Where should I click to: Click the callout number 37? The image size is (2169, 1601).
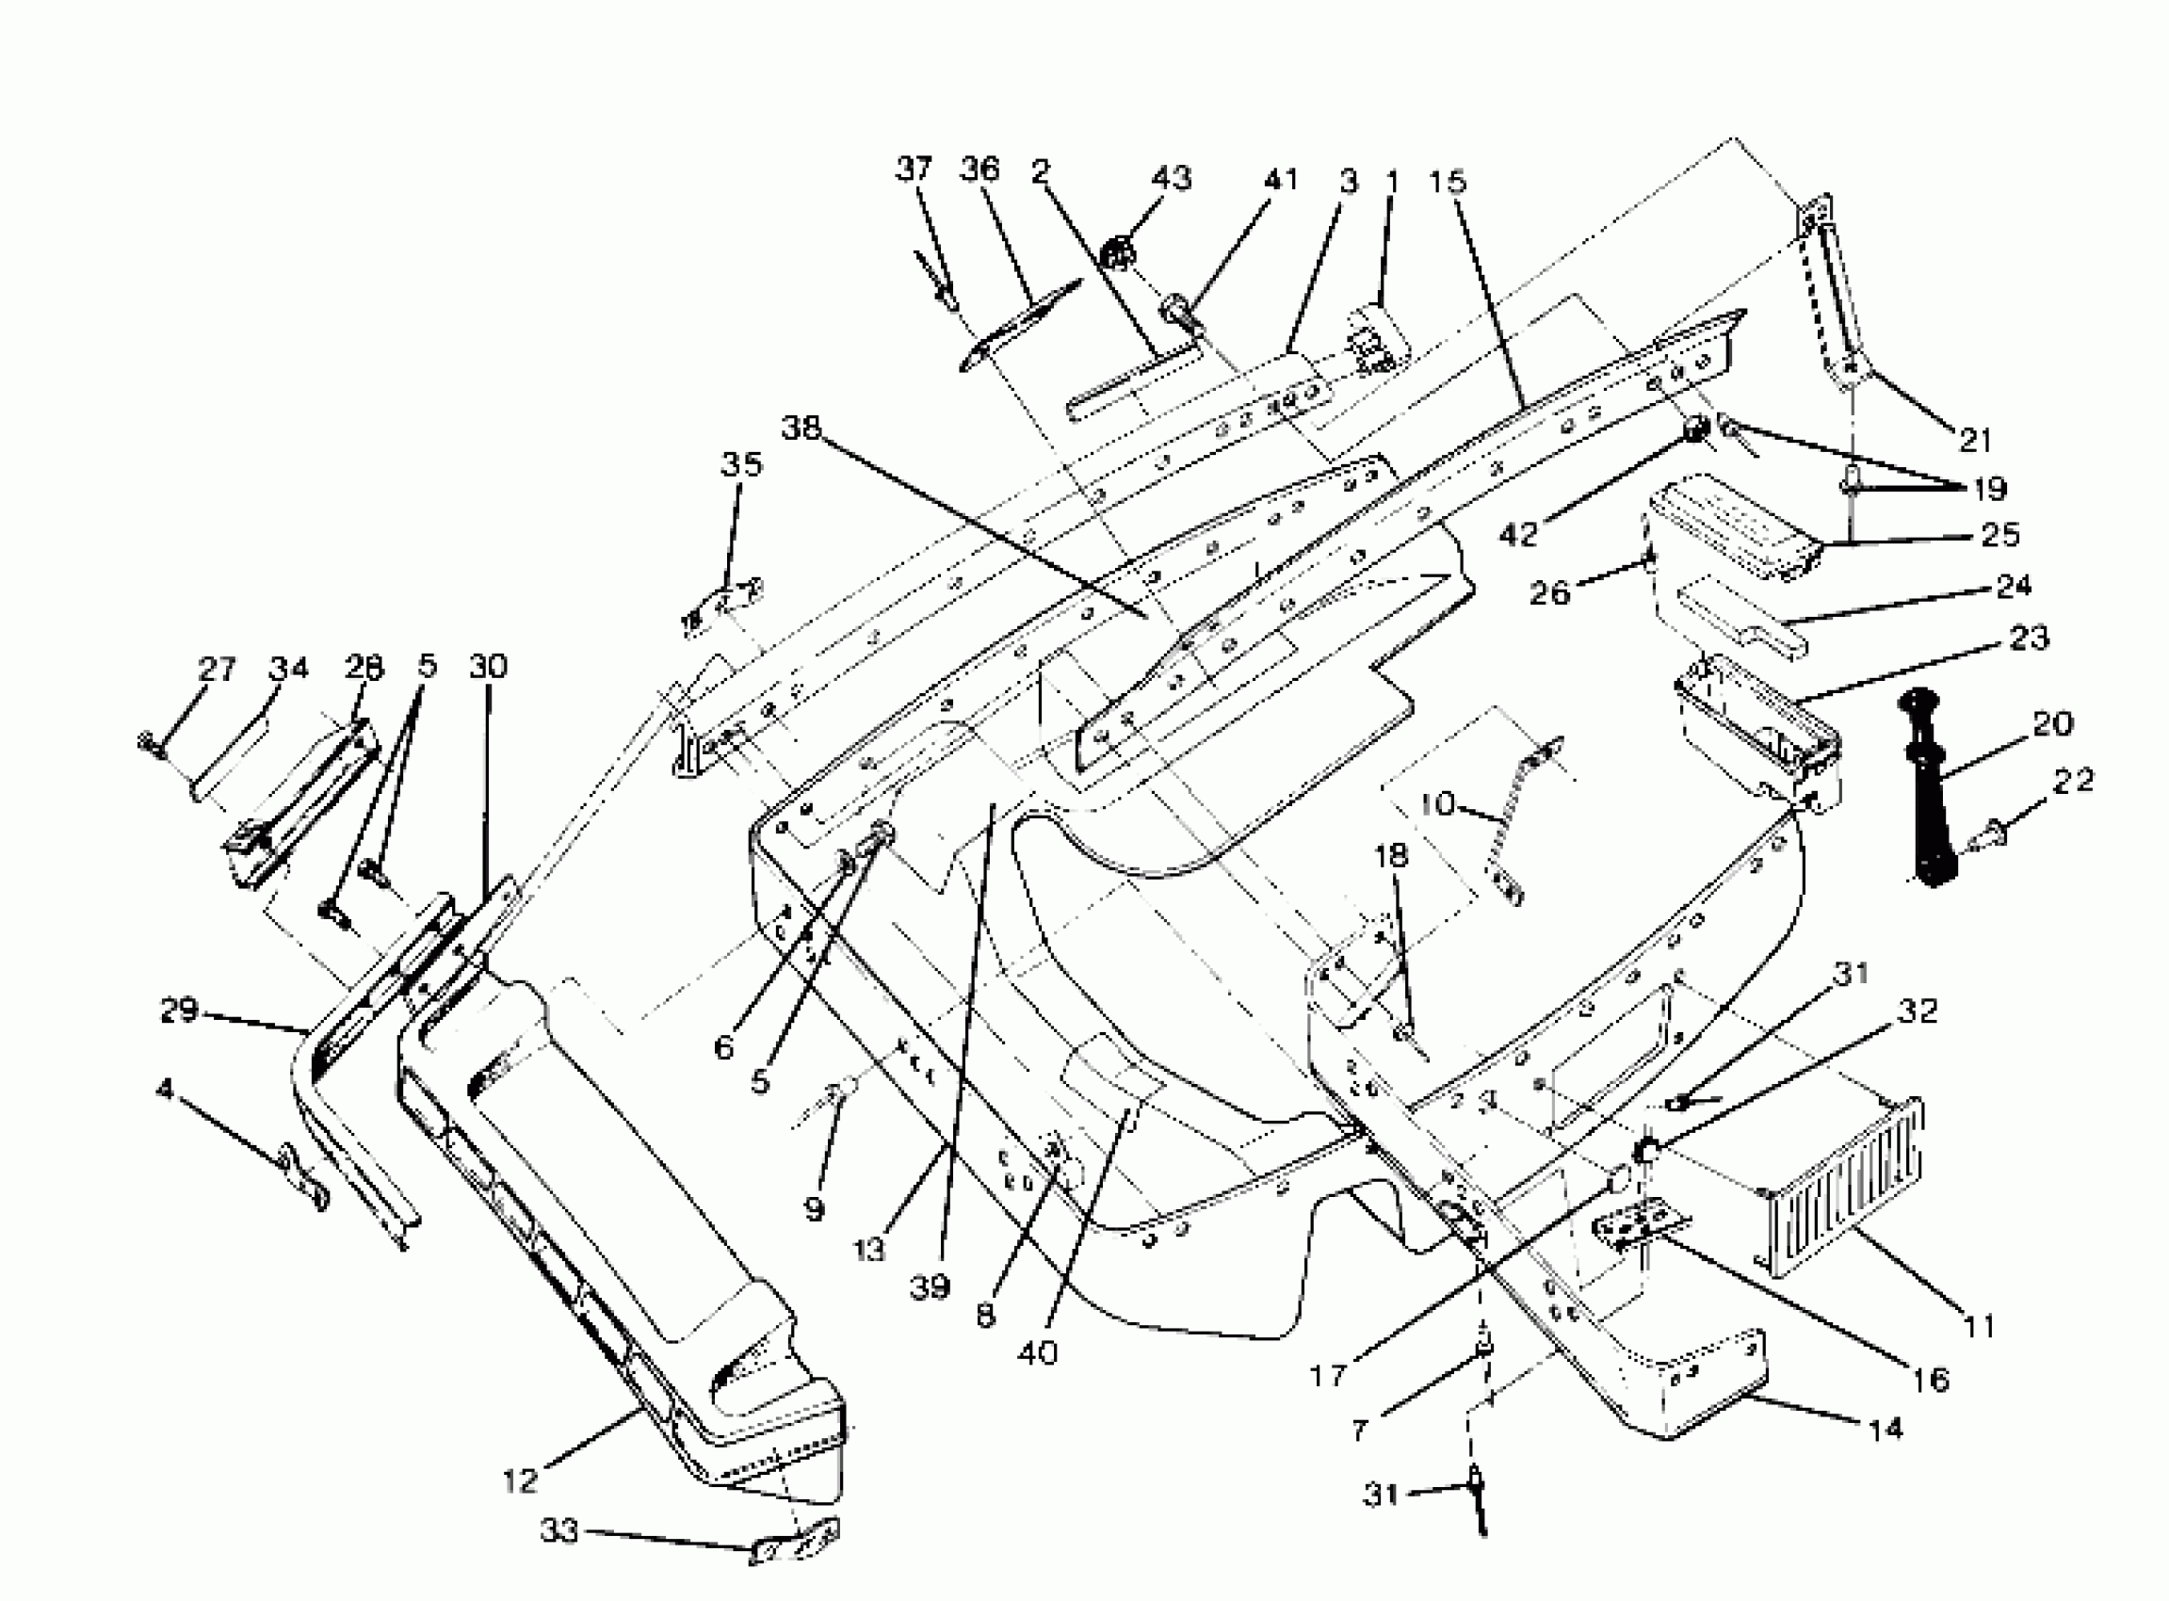pyautogui.click(x=913, y=169)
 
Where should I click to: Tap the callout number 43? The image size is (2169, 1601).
pyautogui.click(x=1171, y=178)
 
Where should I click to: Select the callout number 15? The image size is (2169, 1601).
pyautogui.click(x=1448, y=181)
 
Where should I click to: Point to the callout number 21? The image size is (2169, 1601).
pyautogui.click(x=1974, y=440)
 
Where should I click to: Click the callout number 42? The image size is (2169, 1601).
pyautogui.click(x=1517, y=534)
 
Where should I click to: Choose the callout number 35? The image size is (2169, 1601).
pyautogui.click(x=741, y=464)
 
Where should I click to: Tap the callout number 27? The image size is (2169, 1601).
pyautogui.click(x=218, y=669)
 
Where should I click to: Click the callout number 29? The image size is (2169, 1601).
pyautogui.click(x=179, y=1011)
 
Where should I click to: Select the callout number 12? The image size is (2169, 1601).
pyautogui.click(x=521, y=1480)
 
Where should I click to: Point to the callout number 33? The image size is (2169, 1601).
pyautogui.click(x=559, y=1531)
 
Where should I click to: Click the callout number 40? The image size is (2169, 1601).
pyautogui.click(x=1037, y=1353)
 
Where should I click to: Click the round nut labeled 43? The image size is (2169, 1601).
pyautogui.click(x=1116, y=258)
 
